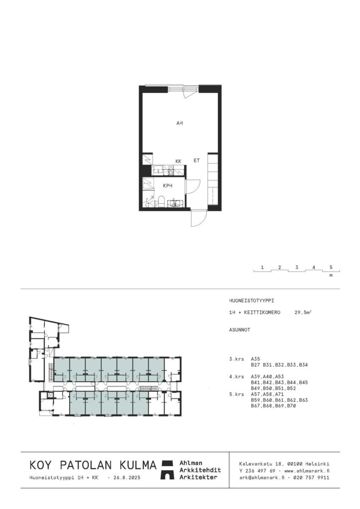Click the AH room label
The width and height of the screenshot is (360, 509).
(180, 123)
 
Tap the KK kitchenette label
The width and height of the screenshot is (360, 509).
(178, 161)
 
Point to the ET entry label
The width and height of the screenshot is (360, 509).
(197, 161)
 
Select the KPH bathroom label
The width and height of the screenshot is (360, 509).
(168, 186)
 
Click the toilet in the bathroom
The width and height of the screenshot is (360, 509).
(161, 201)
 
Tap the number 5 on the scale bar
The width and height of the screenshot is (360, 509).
(331, 267)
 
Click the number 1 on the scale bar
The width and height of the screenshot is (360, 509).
(262, 267)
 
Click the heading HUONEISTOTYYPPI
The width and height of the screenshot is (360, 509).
(252, 301)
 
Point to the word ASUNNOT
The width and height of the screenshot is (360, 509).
(240, 330)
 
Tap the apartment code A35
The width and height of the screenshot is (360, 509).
(256, 359)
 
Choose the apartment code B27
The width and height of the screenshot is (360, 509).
(256, 365)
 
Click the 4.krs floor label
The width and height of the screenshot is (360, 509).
(236, 377)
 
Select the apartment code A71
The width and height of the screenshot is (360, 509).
(279, 394)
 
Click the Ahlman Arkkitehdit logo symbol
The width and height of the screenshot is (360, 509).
(168, 470)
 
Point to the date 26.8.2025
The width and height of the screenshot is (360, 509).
(127, 478)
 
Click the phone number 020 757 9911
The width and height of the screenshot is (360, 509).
(311, 478)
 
